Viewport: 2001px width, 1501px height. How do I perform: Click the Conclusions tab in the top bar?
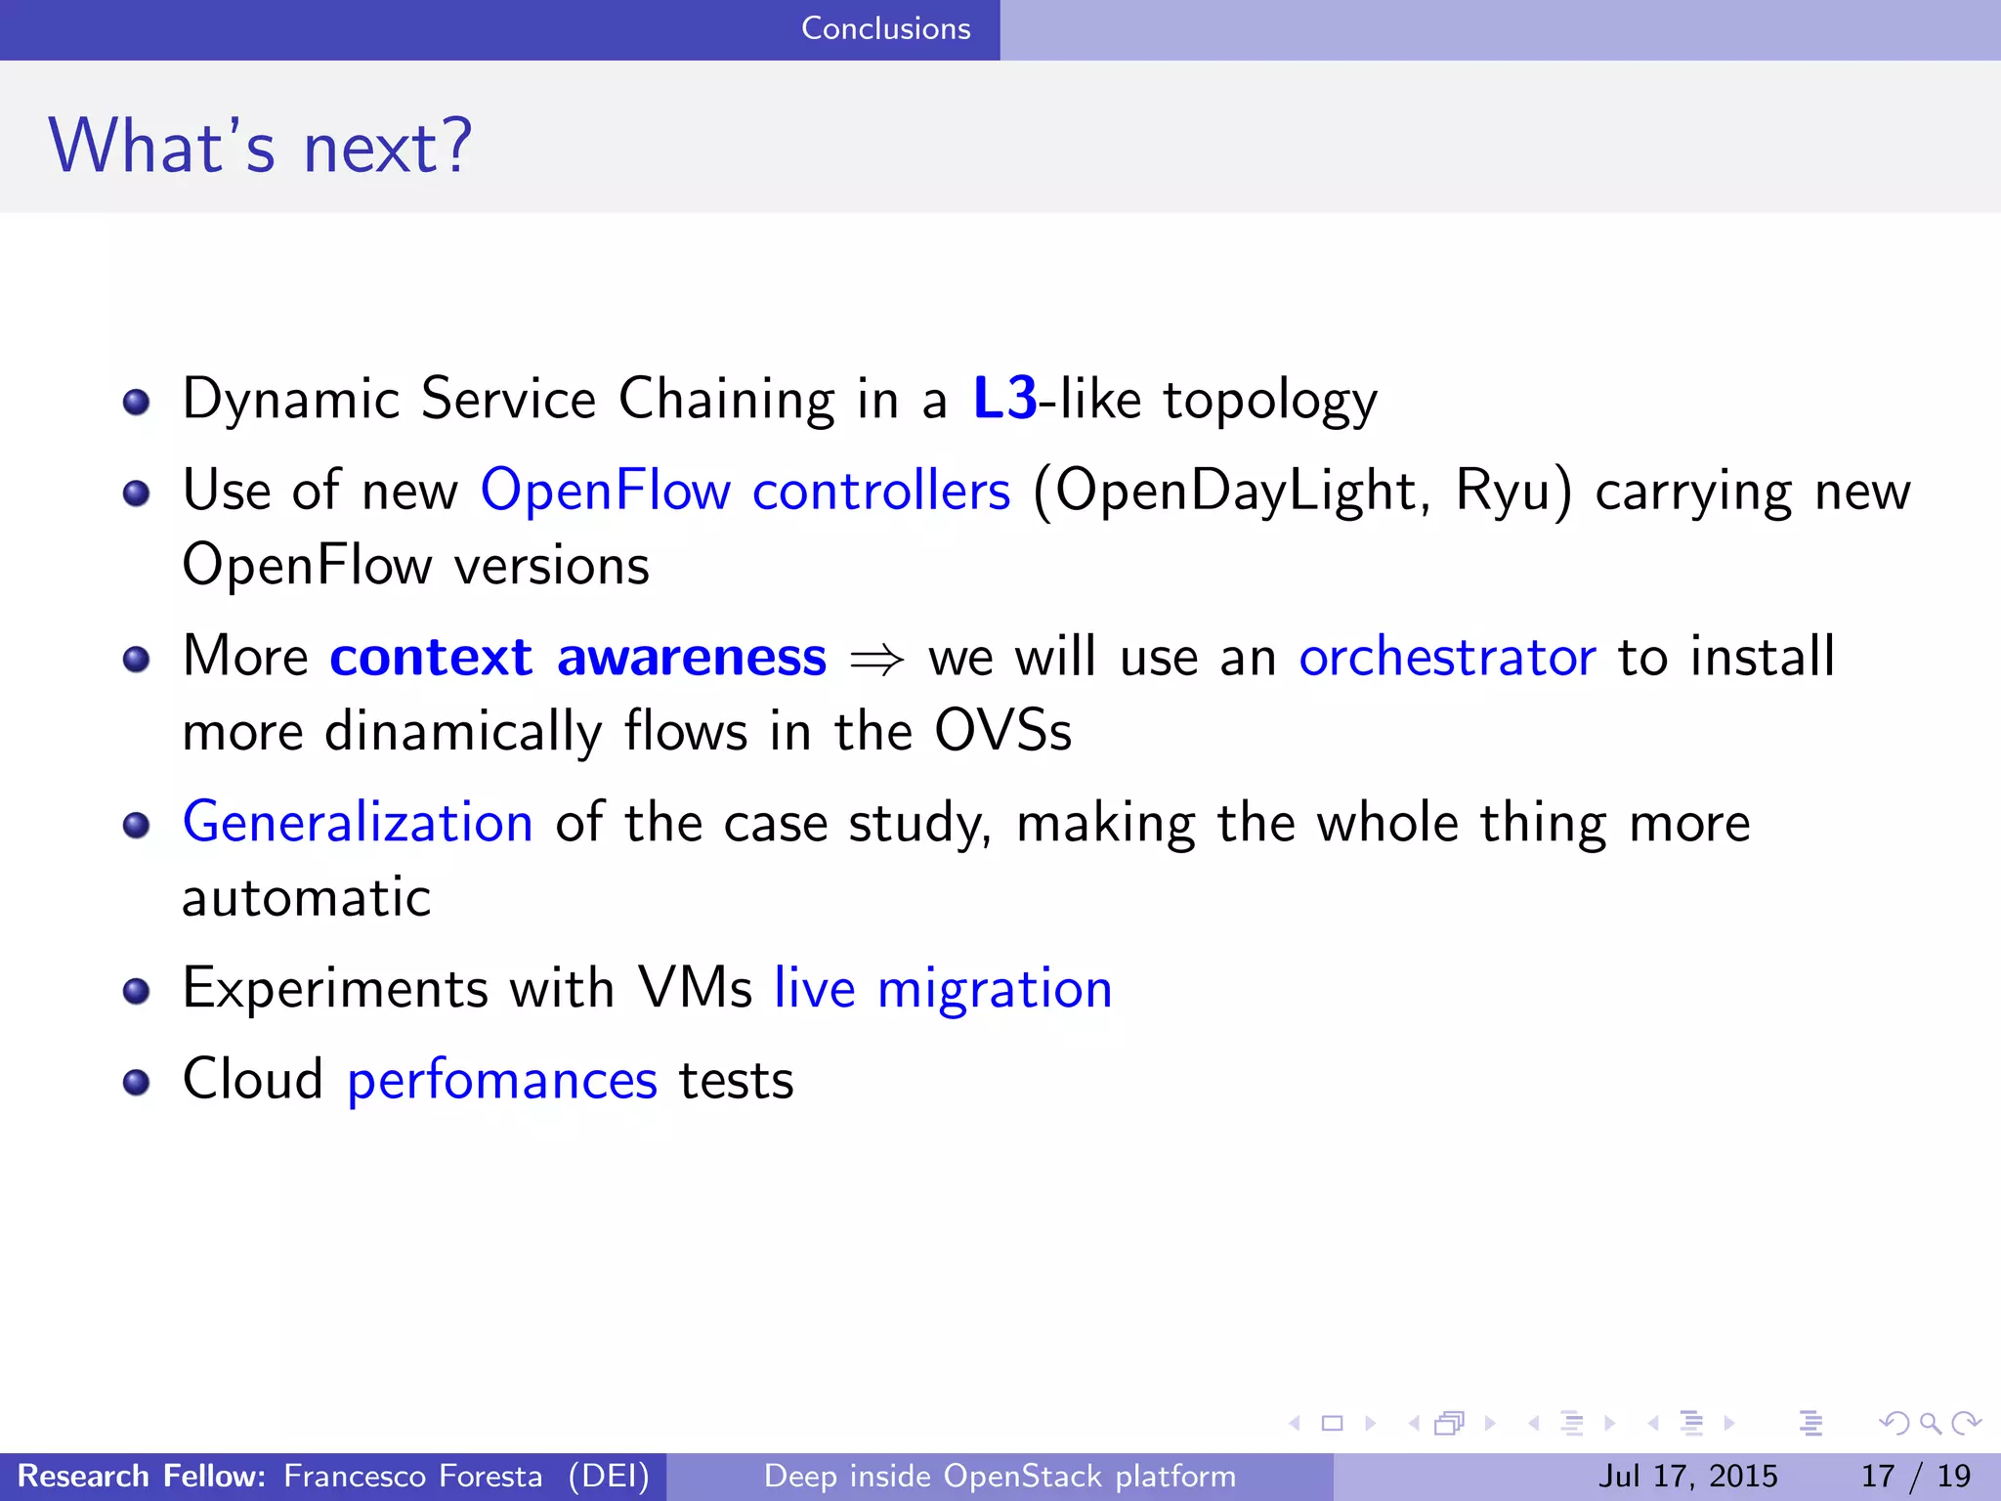(x=885, y=28)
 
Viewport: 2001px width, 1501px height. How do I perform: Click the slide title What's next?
(x=260, y=146)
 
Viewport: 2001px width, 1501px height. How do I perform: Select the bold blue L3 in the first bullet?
(x=1004, y=399)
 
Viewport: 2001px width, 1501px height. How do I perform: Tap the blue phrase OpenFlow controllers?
(x=745, y=490)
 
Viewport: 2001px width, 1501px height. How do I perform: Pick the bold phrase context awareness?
(x=577, y=657)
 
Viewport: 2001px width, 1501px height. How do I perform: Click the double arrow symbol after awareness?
(x=876, y=661)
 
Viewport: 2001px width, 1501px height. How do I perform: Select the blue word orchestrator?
(x=1447, y=657)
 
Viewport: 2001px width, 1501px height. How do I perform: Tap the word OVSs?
(x=1002, y=731)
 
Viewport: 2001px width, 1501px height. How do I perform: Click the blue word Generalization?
(x=358, y=822)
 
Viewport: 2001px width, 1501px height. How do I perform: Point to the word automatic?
(x=307, y=897)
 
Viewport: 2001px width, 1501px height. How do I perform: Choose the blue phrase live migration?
(x=943, y=988)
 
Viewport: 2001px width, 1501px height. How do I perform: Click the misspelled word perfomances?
(x=502, y=1080)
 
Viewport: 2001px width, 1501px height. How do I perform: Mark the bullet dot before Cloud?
(x=137, y=1082)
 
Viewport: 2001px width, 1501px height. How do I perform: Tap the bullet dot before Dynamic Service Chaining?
(x=137, y=402)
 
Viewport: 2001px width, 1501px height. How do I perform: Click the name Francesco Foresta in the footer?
(x=412, y=1476)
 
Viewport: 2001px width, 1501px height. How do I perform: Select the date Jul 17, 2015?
(x=1687, y=1476)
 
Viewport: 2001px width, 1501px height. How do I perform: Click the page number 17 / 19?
(x=1915, y=1476)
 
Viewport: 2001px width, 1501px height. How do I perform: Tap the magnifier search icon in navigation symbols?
(x=1930, y=1423)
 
